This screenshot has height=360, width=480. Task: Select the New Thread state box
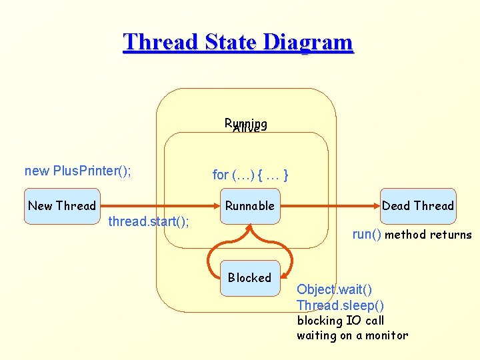[x=62, y=206]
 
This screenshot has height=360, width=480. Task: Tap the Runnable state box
[x=249, y=206]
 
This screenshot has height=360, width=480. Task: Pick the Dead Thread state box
[x=417, y=206]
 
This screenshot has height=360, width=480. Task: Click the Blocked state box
[x=249, y=278]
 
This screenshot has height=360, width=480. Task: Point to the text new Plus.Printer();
[x=77, y=171]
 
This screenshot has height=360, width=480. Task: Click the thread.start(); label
[x=148, y=221]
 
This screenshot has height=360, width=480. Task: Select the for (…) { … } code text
[x=250, y=175]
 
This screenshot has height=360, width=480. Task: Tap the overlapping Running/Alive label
[x=246, y=125]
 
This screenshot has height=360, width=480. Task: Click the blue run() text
[x=367, y=235]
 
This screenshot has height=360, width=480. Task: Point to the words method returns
[x=428, y=235]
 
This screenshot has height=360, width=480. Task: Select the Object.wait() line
[x=334, y=289]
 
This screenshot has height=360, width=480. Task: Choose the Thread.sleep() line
[x=340, y=305]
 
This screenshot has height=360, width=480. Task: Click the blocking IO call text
[x=340, y=321]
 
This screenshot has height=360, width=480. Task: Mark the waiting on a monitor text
[x=352, y=336]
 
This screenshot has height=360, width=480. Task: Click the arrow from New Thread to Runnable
[x=160, y=206]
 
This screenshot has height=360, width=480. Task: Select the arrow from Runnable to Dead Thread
[x=327, y=206]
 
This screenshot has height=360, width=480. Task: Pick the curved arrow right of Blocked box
[x=287, y=257]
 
